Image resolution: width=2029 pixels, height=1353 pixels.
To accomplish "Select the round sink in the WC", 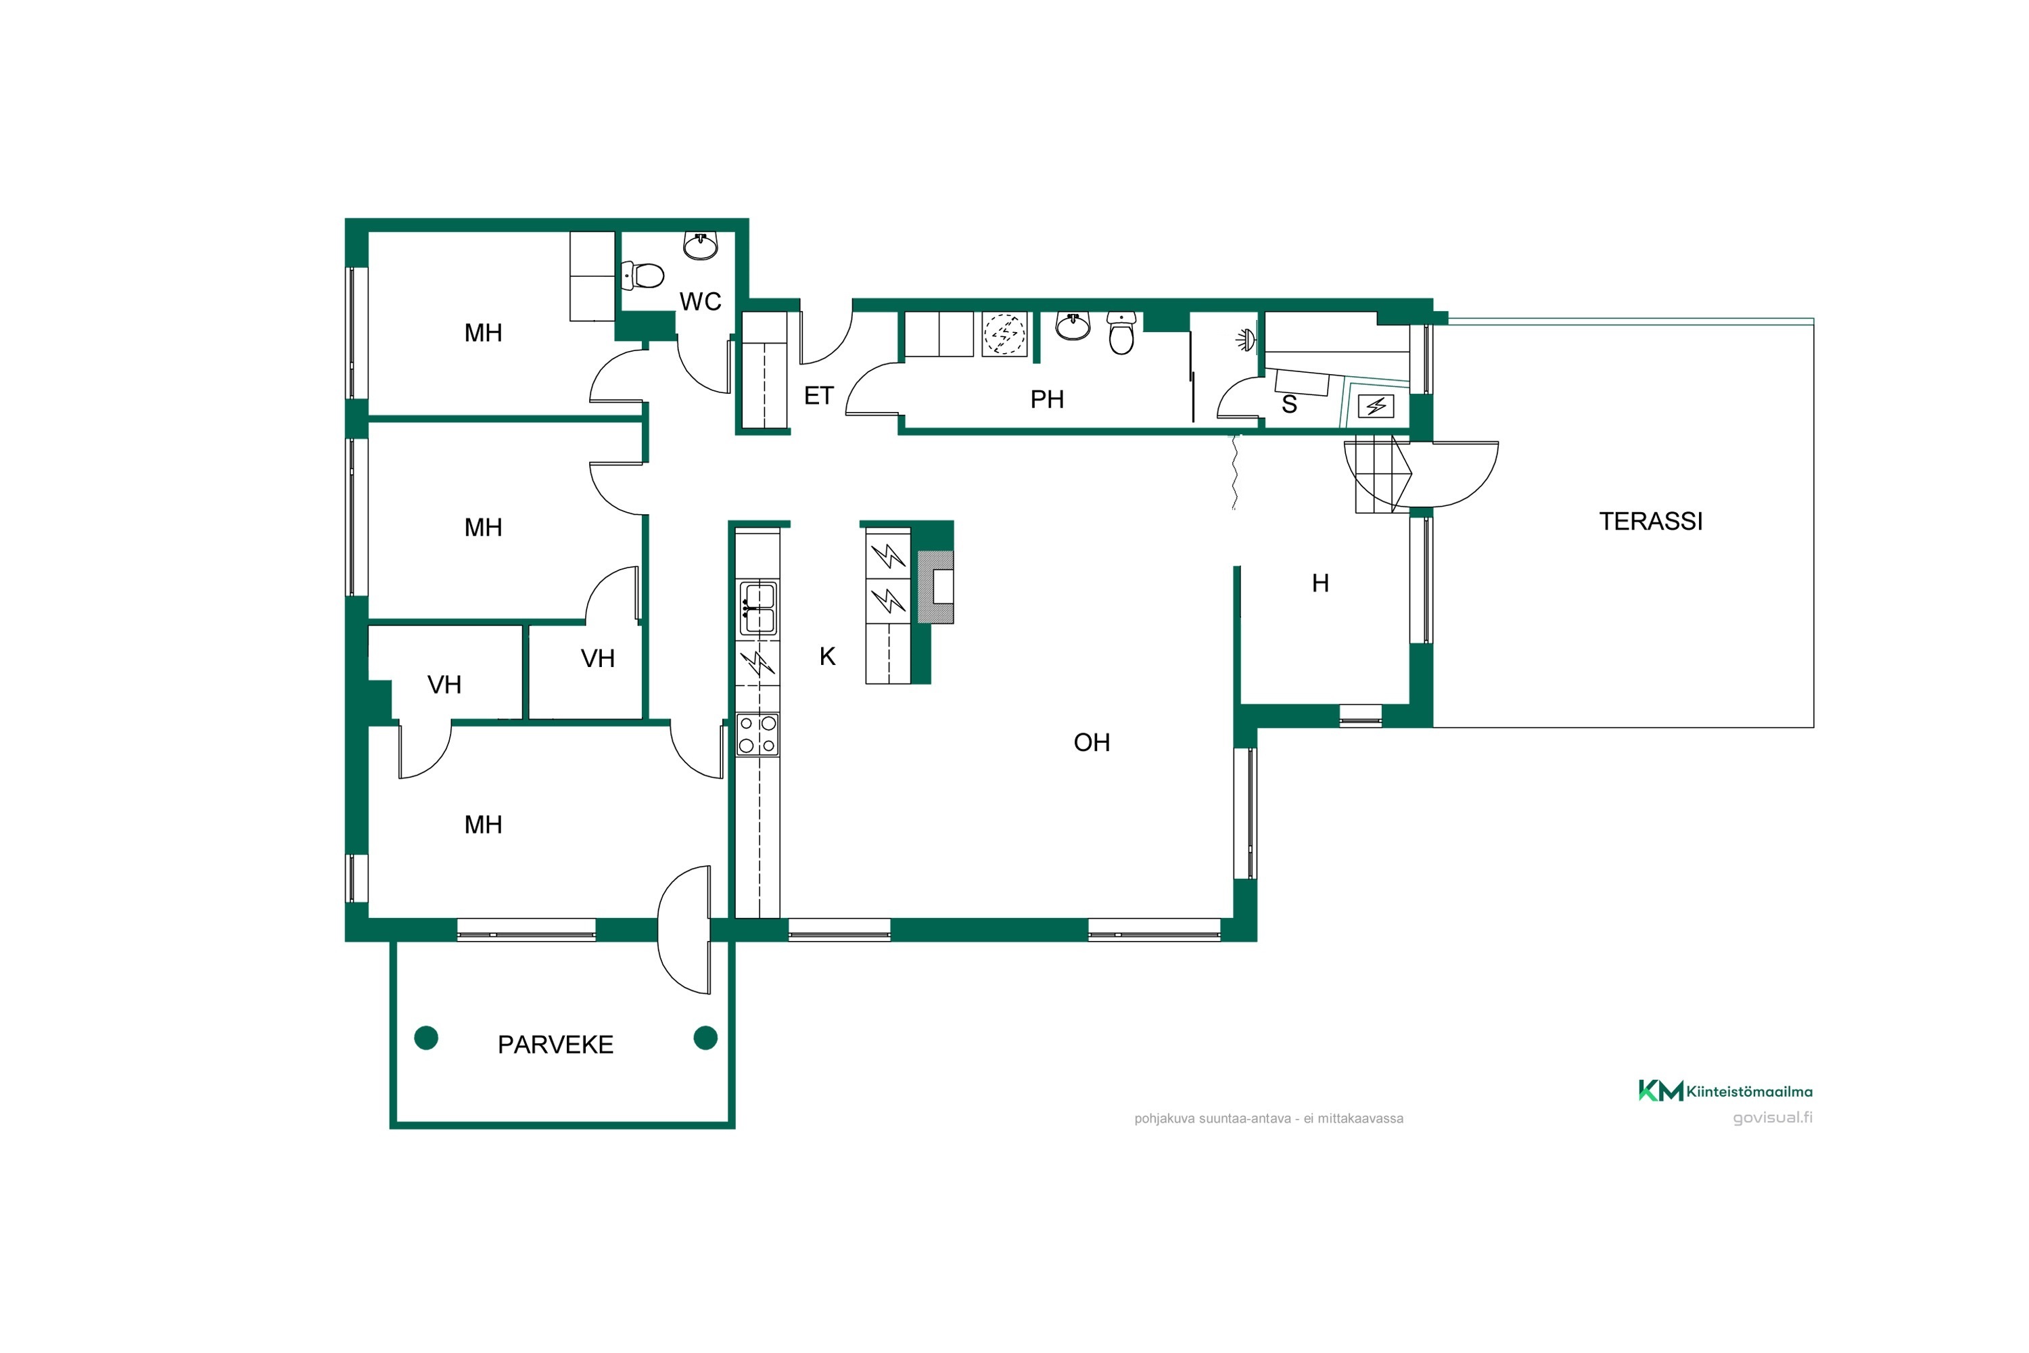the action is (x=701, y=245).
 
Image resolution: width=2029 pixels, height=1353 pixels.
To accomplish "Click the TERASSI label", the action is (x=1650, y=521).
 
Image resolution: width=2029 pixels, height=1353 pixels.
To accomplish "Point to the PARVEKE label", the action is (x=555, y=1045).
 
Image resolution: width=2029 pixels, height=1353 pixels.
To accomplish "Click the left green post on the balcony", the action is (x=426, y=1037).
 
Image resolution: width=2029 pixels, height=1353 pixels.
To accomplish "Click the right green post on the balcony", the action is (x=705, y=1037).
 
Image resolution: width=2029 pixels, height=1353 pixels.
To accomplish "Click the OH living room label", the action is (x=1092, y=742).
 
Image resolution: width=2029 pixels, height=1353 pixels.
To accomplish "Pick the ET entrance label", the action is (x=818, y=396).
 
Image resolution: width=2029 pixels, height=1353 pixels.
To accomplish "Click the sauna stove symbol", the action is (x=1376, y=405).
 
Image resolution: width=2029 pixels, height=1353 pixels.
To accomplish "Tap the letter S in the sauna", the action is (x=1290, y=404).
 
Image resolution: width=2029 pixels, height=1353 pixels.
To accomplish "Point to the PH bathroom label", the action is (x=1047, y=400).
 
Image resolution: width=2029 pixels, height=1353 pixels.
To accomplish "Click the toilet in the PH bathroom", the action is (x=1121, y=334).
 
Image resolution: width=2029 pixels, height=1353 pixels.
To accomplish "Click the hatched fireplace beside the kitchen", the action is (x=935, y=587).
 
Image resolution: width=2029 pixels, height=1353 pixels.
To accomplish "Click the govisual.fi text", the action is (x=1773, y=1118).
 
